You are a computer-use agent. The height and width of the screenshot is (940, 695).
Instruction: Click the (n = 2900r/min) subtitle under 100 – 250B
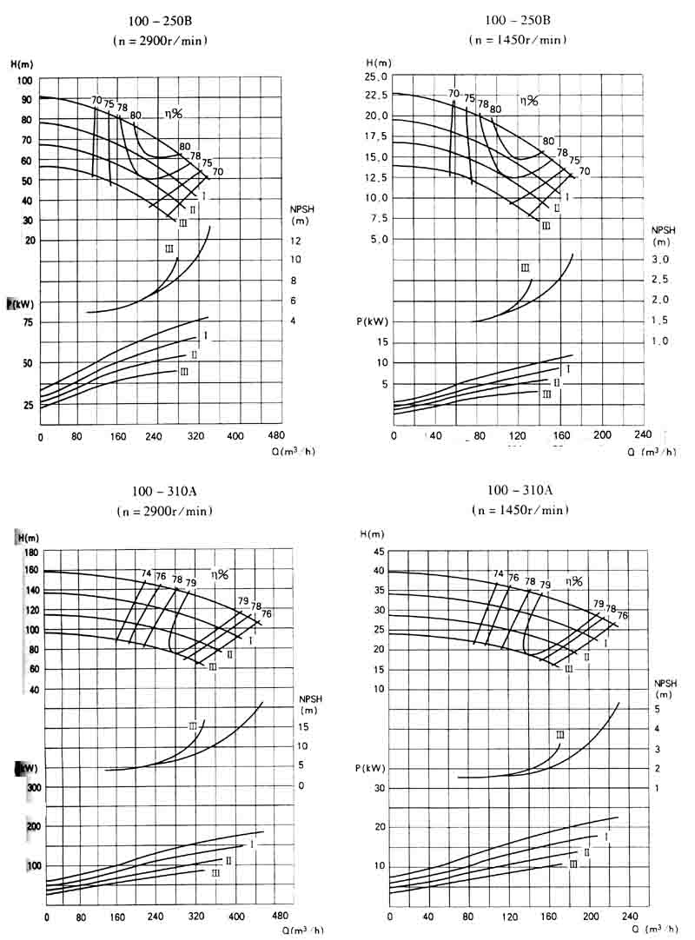click(160, 40)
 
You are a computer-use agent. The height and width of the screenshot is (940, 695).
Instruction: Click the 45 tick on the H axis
click(379, 553)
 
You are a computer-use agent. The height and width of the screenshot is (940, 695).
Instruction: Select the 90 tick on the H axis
click(23, 100)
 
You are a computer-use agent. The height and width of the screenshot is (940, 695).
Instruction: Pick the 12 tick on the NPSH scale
click(295, 241)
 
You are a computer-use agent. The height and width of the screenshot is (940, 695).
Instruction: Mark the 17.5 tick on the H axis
click(377, 136)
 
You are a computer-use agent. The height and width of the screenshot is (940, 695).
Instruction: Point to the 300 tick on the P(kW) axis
click(33, 787)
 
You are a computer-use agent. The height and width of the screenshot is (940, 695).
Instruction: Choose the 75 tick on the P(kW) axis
click(26, 322)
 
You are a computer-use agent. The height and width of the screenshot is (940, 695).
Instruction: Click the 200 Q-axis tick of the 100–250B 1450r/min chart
click(601, 434)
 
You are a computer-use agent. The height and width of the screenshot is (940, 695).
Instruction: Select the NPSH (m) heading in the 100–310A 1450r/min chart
click(665, 689)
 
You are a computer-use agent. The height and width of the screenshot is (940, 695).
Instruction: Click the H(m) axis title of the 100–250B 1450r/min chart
click(379, 63)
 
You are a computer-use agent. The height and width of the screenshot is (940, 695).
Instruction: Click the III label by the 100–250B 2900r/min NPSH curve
click(169, 250)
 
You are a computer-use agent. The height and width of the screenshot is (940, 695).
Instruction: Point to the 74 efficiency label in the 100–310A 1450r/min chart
click(498, 574)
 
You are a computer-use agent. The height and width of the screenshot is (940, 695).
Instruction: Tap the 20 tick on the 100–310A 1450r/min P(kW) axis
click(380, 826)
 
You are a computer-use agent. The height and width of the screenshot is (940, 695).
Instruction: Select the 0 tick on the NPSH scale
click(301, 785)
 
